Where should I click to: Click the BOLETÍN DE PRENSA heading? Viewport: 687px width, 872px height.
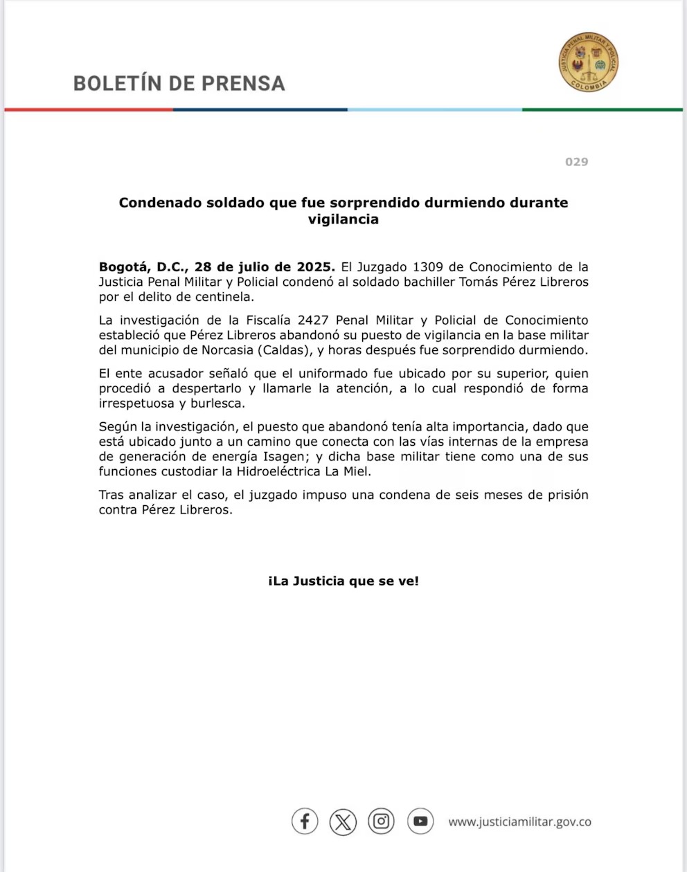pyautogui.click(x=179, y=83)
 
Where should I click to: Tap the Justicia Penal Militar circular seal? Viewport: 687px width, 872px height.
pyautogui.click(x=588, y=63)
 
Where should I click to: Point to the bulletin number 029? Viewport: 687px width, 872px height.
pyautogui.click(x=576, y=162)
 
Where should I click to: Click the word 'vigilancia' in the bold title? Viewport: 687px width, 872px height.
pyautogui.click(x=343, y=219)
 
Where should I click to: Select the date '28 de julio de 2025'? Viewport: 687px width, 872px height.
pyautogui.click(x=265, y=267)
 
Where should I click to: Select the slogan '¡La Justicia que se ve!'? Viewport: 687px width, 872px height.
pyautogui.click(x=343, y=581)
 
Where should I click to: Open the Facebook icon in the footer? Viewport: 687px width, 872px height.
pyautogui.click(x=305, y=821)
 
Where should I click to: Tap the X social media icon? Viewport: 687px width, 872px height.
pyautogui.click(x=343, y=821)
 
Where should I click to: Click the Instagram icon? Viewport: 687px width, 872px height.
pyautogui.click(x=381, y=821)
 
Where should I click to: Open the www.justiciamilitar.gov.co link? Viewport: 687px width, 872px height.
pyautogui.click(x=519, y=822)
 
